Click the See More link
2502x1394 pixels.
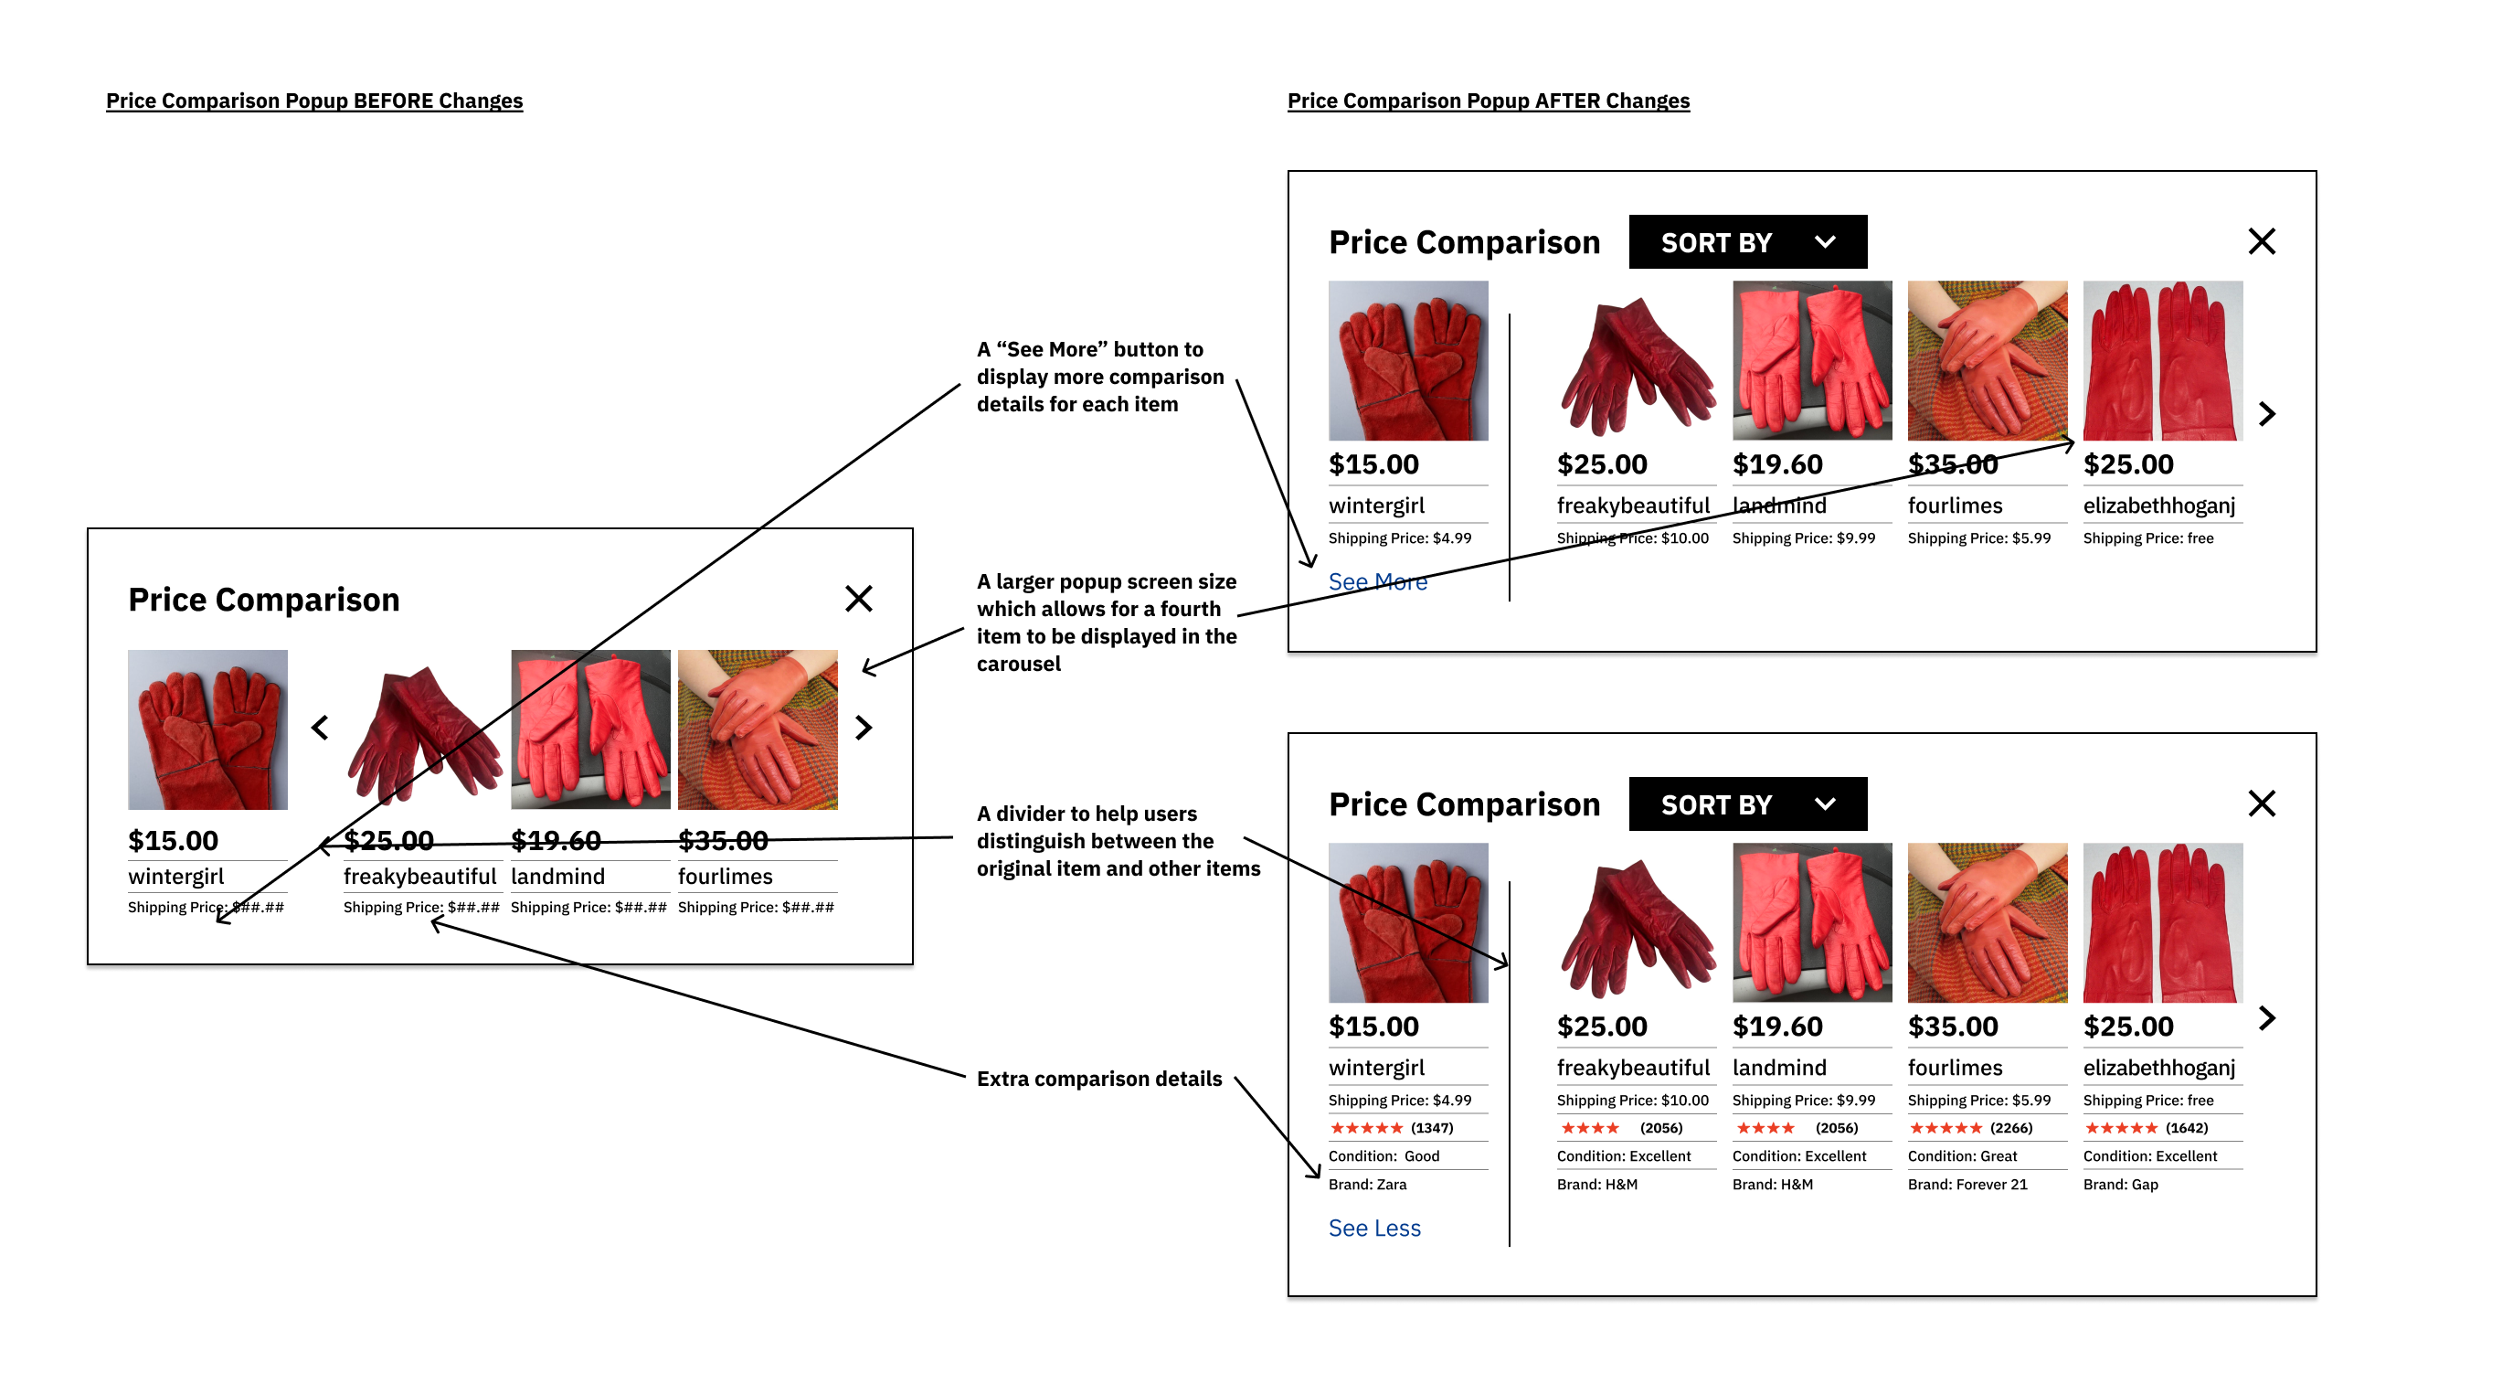(x=1376, y=582)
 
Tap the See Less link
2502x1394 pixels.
(x=1373, y=1228)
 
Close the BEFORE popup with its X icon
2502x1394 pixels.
(x=858, y=599)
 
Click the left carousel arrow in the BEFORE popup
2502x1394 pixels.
(x=320, y=728)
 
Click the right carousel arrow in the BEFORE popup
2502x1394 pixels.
(x=864, y=728)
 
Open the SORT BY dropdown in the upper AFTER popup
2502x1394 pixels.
(x=1746, y=242)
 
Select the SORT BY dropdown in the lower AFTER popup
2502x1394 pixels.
(x=1746, y=804)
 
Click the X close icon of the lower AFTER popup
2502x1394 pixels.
(x=2261, y=803)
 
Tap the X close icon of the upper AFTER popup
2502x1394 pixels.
(x=2261, y=241)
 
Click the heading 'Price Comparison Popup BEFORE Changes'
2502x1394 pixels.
(x=313, y=101)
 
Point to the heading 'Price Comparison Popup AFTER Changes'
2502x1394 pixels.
(x=1488, y=101)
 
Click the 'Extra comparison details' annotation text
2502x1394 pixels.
(x=1098, y=1079)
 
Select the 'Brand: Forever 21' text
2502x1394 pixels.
(x=1967, y=1184)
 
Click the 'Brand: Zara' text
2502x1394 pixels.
(x=1366, y=1184)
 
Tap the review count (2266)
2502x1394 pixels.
(x=2010, y=1128)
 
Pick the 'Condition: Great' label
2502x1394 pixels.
(x=1962, y=1156)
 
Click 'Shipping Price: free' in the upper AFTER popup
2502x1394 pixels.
(x=2147, y=538)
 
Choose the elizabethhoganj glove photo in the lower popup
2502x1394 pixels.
(x=2162, y=923)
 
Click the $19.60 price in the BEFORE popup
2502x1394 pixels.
(x=556, y=840)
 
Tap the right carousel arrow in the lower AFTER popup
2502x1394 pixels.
(x=2266, y=1018)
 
